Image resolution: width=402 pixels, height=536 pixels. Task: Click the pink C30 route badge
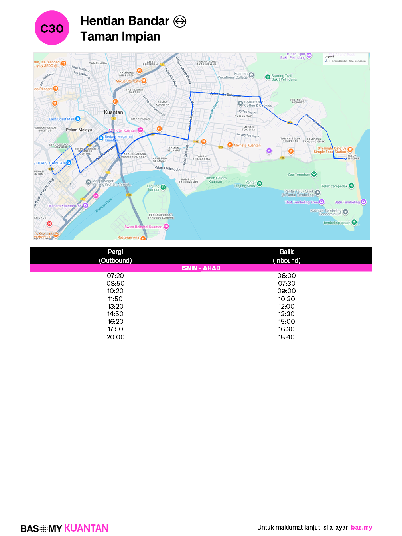(x=52, y=28)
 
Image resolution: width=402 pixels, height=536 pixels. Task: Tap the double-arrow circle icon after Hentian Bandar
(x=180, y=21)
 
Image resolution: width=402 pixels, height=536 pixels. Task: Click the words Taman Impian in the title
(x=120, y=37)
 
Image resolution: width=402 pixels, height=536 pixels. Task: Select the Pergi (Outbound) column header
(x=115, y=256)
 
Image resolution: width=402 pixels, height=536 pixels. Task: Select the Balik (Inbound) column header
(x=286, y=256)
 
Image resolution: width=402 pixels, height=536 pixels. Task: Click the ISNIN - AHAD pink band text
(x=201, y=268)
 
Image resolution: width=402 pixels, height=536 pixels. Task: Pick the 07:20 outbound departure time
(x=115, y=276)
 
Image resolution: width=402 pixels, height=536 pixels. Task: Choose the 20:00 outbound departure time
(x=115, y=337)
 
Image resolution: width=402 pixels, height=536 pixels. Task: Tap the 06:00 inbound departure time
(x=286, y=276)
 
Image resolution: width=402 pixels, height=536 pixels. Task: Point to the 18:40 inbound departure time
(x=286, y=337)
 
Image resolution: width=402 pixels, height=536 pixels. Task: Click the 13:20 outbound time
(x=115, y=306)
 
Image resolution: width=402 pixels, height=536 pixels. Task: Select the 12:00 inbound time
(x=286, y=306)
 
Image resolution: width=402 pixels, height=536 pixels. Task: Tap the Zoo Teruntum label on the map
(x=299, y=175)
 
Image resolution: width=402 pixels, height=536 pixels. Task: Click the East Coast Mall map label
(x=61, y=119)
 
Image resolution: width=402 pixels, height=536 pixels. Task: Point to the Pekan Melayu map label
(x=79, y=130)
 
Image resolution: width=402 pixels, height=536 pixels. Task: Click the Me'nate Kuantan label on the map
(x=247, y=146)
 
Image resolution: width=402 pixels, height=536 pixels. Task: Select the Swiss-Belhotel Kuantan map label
(x=143, y=227)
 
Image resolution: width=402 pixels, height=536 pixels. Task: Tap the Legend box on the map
(x=346, y=59)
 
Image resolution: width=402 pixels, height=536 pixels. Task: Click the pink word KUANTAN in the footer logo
(x=86, y=528)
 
